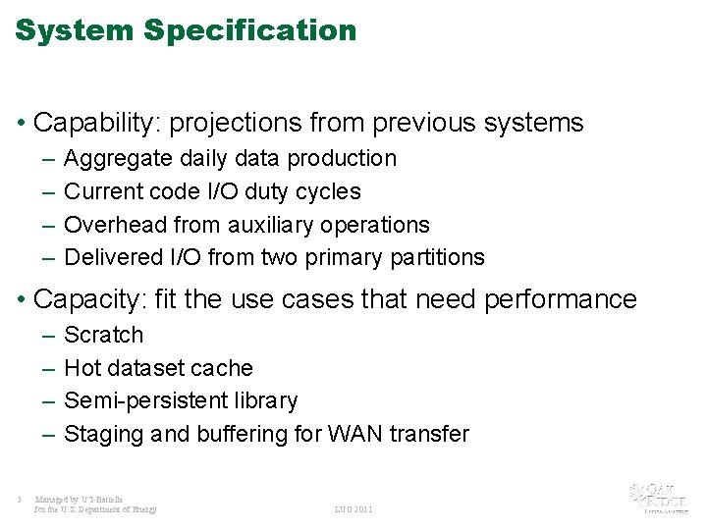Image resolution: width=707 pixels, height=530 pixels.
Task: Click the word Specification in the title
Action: click(x=249, y=30)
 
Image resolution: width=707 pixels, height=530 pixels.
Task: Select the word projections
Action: click(x=237, y=123)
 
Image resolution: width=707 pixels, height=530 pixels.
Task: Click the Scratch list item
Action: click(x=103, y=336)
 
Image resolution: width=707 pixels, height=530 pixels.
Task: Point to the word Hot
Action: click(x=81, y=368)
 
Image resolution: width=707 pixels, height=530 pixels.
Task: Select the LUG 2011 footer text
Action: click(x=353, y=509)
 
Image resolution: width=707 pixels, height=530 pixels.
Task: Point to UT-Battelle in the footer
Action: click(x=102, y=499)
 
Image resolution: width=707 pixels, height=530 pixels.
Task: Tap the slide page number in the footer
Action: click(x=20, y=499)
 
